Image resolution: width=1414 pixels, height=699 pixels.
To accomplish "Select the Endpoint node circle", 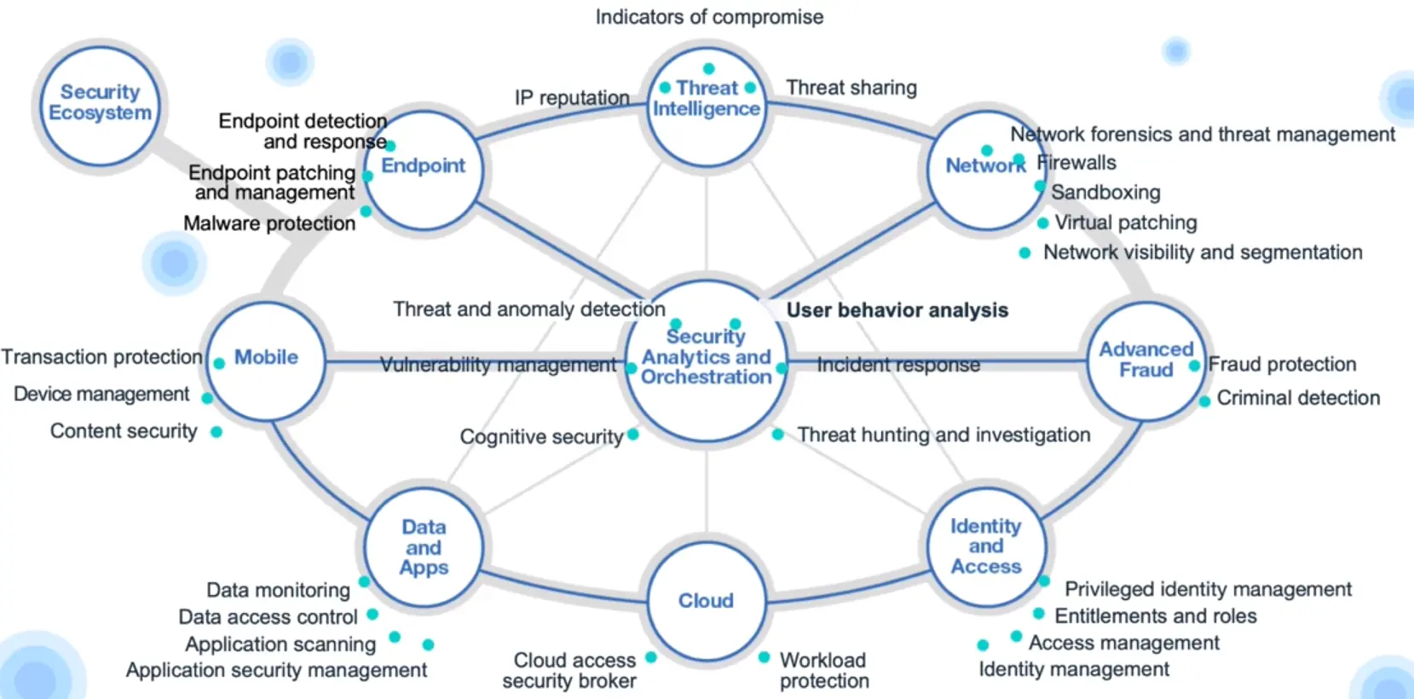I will pos(424,169).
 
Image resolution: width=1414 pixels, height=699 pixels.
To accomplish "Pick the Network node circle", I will pos(986,169).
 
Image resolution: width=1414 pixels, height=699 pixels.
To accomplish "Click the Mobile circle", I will pos(266,360).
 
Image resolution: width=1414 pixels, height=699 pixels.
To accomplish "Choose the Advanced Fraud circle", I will pos(1146,361).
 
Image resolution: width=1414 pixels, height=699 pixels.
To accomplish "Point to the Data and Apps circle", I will pos(424,547).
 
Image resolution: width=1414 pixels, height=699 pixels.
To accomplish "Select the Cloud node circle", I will pos(706,601).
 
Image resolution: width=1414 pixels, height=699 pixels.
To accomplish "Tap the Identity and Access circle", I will pos(986,546).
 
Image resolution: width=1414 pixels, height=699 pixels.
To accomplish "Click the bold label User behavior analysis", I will pos(897,310).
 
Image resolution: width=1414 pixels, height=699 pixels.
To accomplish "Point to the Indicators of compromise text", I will pos(709,17).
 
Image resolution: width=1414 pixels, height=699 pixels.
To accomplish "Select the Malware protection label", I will pos(269,223).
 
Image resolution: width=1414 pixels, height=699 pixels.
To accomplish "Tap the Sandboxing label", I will pos(1105,193).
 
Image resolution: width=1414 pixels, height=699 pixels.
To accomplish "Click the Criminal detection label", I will pos(1298,398).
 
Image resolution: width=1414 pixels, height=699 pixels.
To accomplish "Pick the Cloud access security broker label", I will pos(571,671).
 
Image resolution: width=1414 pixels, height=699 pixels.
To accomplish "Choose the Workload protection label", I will pos(824,671).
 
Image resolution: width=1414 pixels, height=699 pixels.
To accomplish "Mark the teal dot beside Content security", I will pos(216,432).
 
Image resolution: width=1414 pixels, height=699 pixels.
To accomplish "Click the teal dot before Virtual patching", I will pos(1042,223).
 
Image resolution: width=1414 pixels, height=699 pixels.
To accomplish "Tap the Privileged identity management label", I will pos(1208,589).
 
